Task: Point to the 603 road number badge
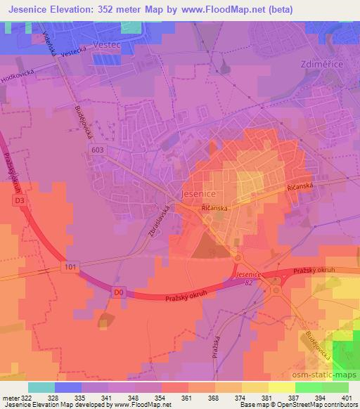[98, 148]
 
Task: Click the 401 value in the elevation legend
[346, 398]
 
